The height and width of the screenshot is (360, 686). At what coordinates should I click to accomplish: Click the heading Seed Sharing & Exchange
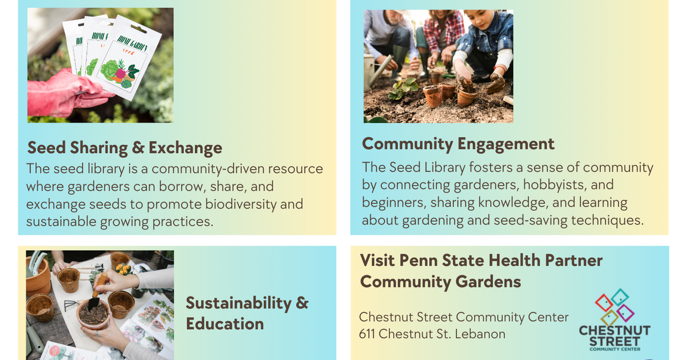pos(125,148)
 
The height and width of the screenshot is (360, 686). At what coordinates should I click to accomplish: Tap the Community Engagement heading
pos(458,143)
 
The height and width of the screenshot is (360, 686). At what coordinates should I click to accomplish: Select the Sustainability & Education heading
pos(246,313)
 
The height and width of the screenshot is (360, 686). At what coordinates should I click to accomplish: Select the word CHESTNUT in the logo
pos(615,331)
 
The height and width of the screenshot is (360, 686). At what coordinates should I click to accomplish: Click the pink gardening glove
pos(63,93)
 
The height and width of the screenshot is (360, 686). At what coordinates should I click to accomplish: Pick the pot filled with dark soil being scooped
pos(93,313)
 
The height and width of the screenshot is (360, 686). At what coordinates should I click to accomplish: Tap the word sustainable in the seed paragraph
pos(61,222)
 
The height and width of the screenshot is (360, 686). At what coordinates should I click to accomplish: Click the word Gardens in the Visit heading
pos(488,282)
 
